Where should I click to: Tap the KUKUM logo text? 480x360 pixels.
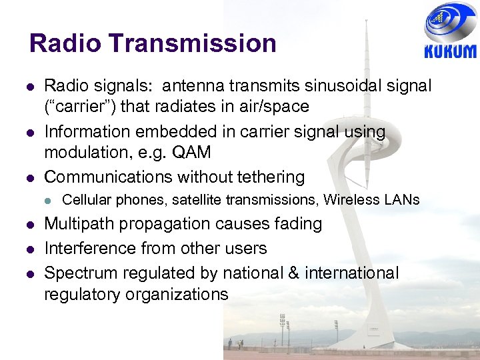point(450,52)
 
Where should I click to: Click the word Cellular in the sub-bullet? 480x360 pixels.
point(86,199)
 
